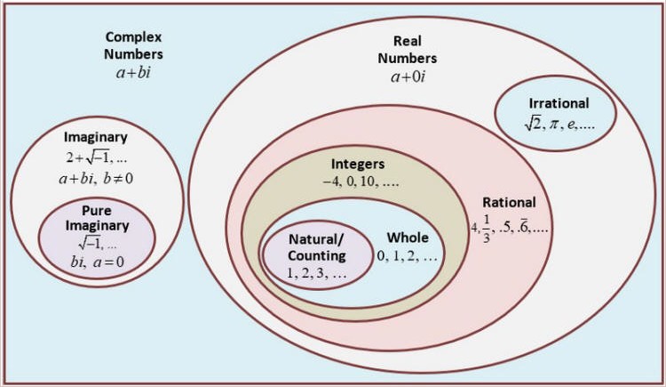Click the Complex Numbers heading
pos(133,45)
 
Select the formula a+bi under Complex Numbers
pos(133,72)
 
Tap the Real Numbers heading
pos(408,50)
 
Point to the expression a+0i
pos(408,77)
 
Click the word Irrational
pos(559,103)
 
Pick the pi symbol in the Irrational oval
pos(553,125)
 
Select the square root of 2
pos(533,124)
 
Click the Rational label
pos(509,202)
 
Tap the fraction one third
pos(487,229)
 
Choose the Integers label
pos(358,165)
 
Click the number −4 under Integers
pos(331,181)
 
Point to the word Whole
pos(408,238)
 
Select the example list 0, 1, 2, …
pos(407,256)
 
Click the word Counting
pos(317,256)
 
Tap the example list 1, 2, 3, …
pos(317,273)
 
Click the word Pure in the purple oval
pos(97,211)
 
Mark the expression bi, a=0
pos(98,262)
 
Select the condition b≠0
pos(118,178)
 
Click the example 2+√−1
pos(88,158)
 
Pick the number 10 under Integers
pos(368,181)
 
